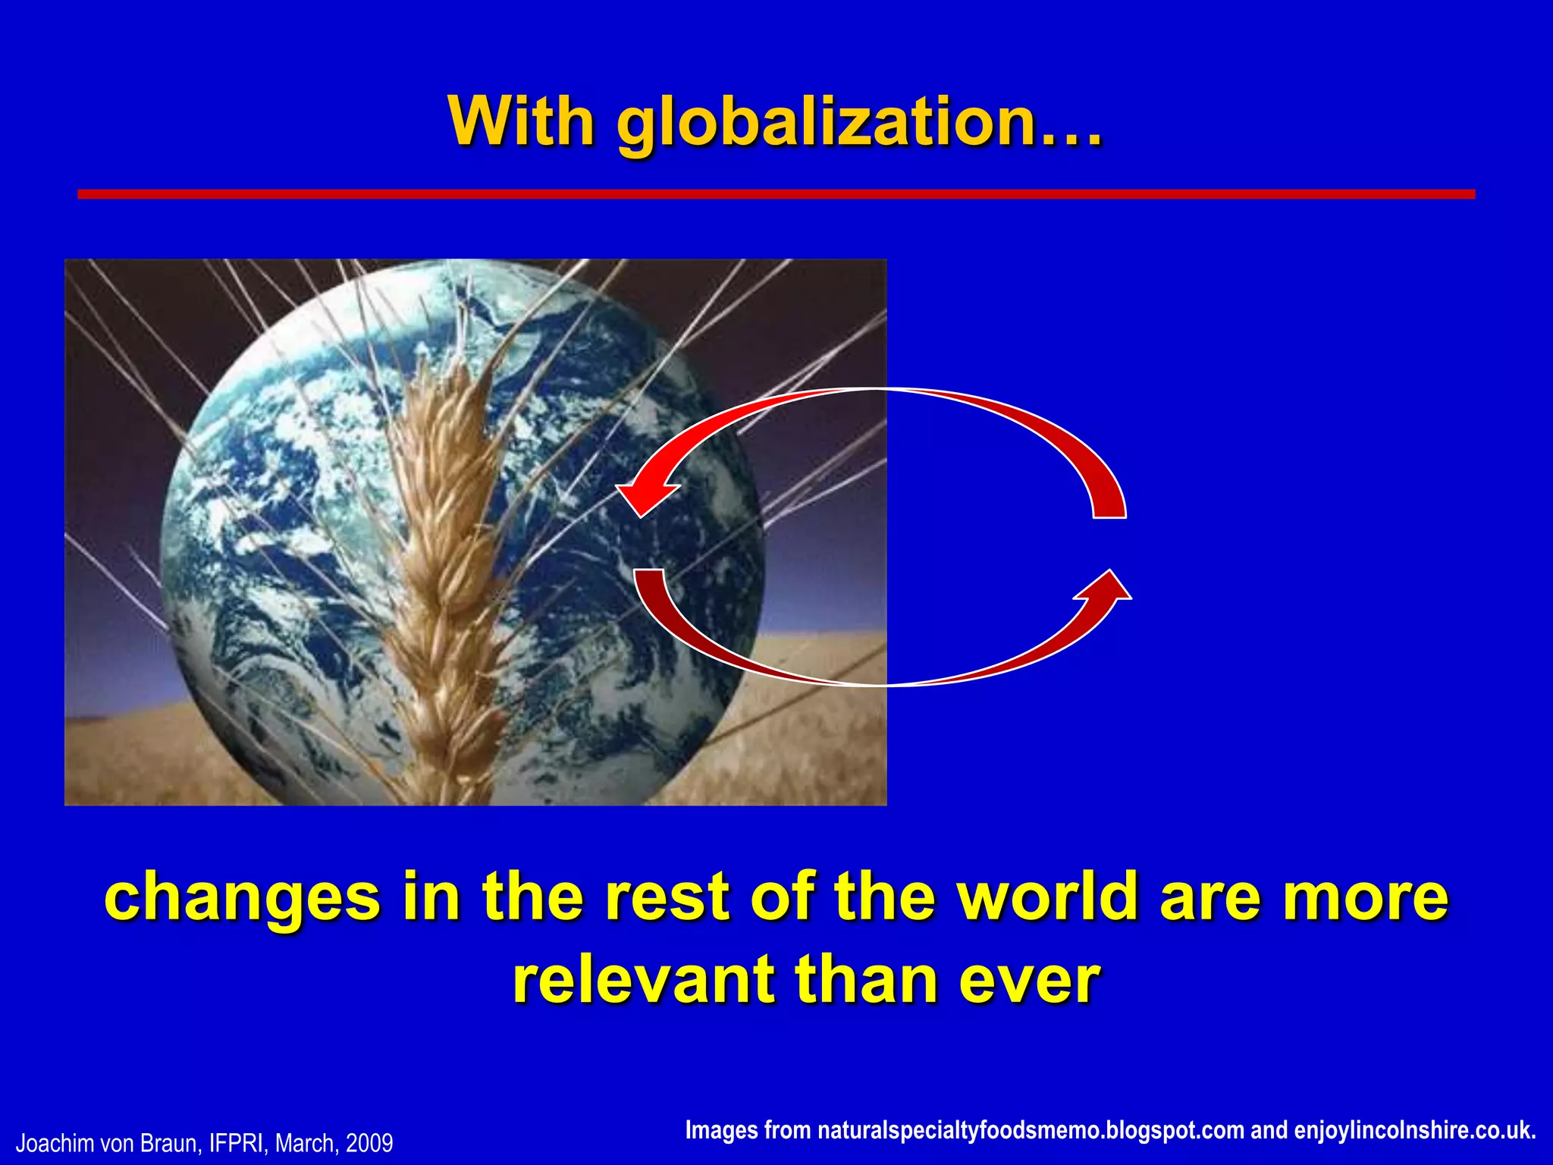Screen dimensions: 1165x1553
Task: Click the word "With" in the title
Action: tap(522, 121)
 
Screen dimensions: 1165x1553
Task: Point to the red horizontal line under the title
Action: tap(776, 194)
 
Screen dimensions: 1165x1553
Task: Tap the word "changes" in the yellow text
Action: tap(242, 897)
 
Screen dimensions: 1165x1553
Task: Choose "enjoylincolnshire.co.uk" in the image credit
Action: tap(1414, 1130)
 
